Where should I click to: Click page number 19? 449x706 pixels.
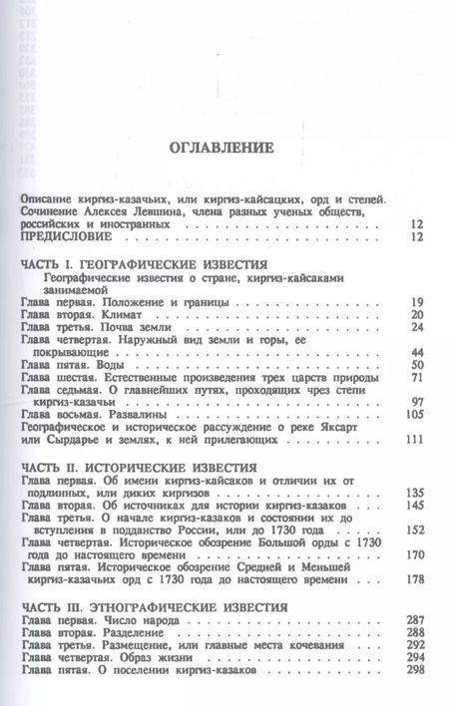pos(418,302)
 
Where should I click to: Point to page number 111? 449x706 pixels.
pos(416,442)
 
